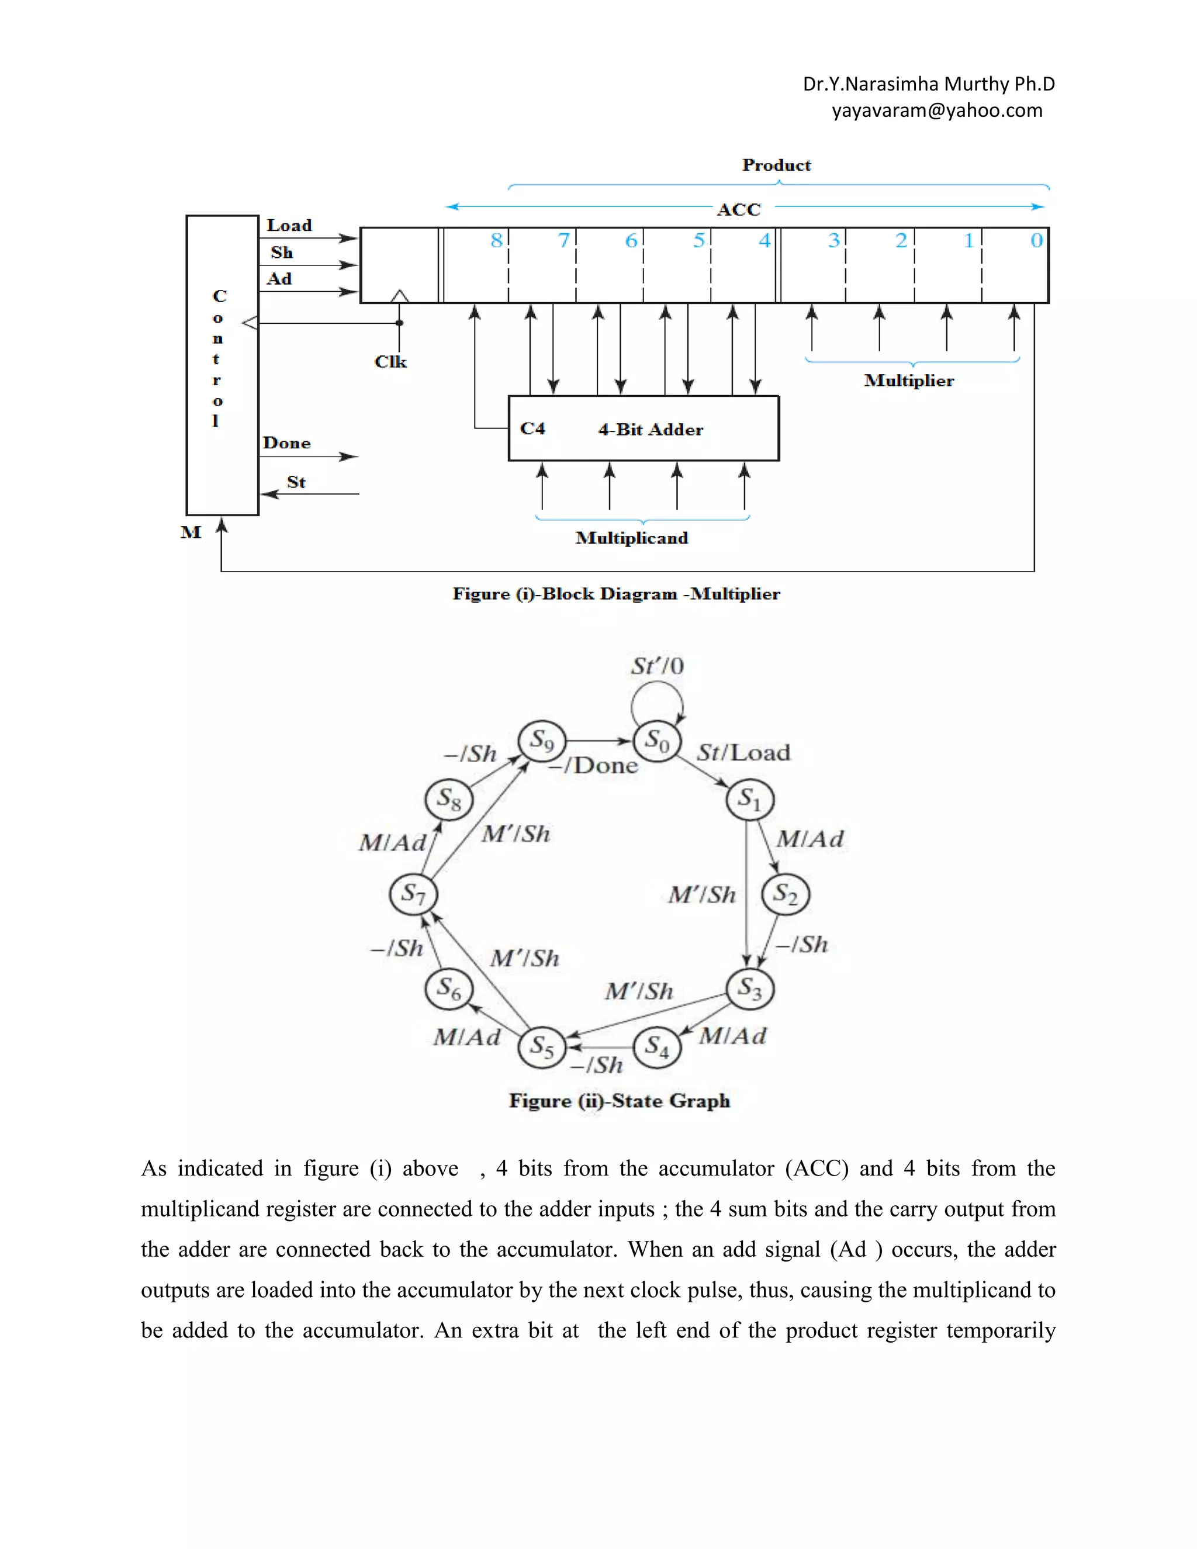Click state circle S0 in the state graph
click(656, 741)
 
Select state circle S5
click(542, 1046)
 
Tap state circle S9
click(542, 741)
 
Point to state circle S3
click(749, 987)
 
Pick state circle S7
click(413, 893)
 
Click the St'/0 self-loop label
click(658, 666)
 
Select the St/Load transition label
click(743, 752)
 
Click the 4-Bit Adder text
click(651, 429)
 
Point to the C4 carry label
click(532, 428)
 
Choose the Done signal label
click(286, 442)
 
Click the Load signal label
click(289, 225)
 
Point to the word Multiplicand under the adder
click(631, 538)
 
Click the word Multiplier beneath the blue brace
click(908, 381)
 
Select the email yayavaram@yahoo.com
click(937, 110)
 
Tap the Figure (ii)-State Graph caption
click(619, 1100)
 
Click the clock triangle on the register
click(400, 296)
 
